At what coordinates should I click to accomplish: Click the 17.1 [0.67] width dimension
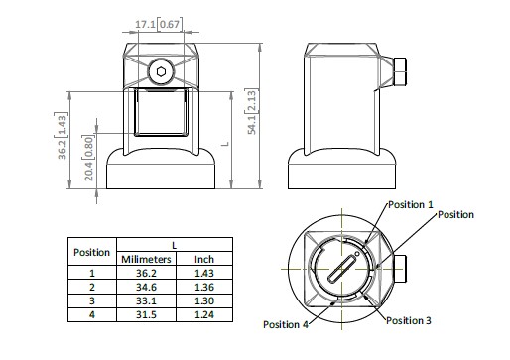tap(158, 24)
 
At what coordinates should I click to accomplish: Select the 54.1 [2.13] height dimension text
tap(252, 111)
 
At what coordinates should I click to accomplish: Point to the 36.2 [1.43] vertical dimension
tap(62, 136)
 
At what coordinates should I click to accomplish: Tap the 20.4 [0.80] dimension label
tap(88, 158)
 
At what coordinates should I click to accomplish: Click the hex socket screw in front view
tap(161, 71)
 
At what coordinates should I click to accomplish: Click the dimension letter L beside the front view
tap(225, 144)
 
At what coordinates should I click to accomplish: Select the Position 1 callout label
tap(411, 205)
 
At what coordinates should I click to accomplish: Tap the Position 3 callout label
tap(409, 320)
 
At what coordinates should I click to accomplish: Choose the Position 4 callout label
tap(286, 324)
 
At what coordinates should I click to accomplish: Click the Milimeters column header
tap(146, 259)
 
